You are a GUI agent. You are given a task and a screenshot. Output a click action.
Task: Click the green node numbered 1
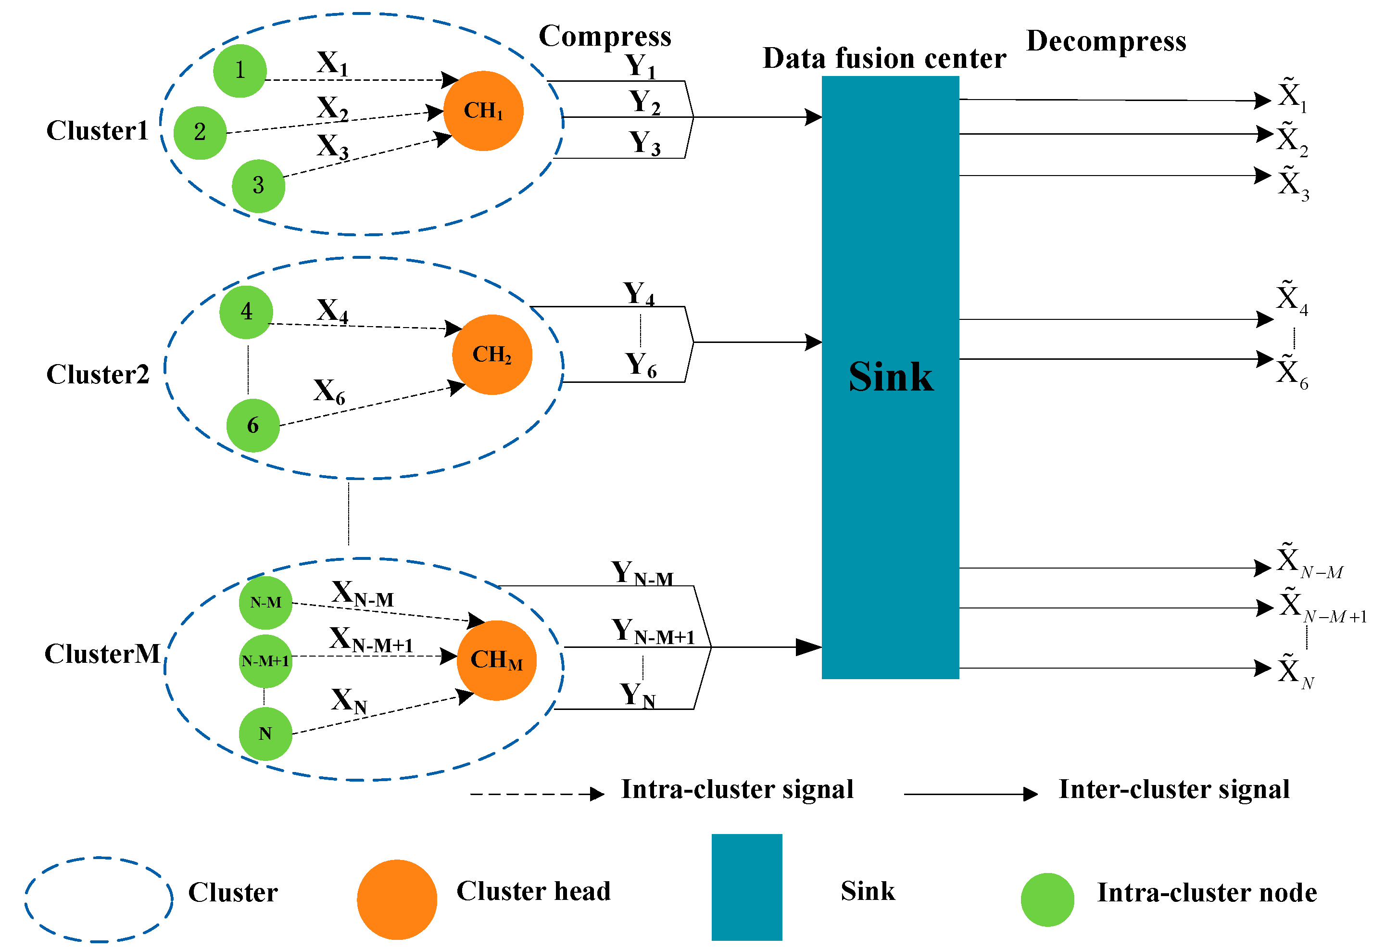click(x=239, y=71)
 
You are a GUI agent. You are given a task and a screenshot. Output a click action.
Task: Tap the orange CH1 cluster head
click(x=483, y=111)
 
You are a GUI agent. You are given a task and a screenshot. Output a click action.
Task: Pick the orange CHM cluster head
click(x=496, y=660)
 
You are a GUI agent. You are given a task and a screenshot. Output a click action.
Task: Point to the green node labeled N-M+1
click(x=265, y=661)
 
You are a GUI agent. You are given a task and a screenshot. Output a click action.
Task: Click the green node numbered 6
click(x=252, y=426)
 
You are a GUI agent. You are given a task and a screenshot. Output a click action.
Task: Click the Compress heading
click(x=604, y=36)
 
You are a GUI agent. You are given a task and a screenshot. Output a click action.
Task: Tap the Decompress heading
click(x=1106, y=41)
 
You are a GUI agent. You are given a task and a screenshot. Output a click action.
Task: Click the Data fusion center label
click(x=884, y=58)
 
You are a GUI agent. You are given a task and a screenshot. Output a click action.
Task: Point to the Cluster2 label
click(x=98, y=374)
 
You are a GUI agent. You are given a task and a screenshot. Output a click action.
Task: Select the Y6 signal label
click(x=641, y=365)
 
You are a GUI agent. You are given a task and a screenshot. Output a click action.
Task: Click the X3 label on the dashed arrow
click(x=332, y=146)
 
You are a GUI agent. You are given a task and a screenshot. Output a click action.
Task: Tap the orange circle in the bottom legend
click(x=397, y=899)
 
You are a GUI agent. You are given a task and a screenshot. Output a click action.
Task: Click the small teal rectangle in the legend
click(x=746, y=887)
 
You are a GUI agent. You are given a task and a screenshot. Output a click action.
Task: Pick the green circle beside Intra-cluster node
click(x=1047, y=899)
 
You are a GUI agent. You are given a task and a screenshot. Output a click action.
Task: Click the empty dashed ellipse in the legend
click(x=99, y=899)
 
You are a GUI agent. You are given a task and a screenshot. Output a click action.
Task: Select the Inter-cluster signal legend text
click(x=1173, y=789)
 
